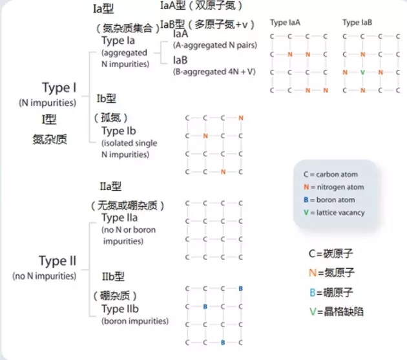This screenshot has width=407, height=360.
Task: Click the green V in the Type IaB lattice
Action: tap(362, 72)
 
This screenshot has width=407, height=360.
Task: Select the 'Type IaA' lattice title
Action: tap(285, 23)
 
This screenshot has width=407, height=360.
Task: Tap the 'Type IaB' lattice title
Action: tap(357, 23)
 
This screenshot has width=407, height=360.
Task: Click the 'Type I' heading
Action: tap(59, 88)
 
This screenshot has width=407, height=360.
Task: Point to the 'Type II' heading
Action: tap(57, 261)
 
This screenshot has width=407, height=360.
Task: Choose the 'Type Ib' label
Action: tap(119, 131)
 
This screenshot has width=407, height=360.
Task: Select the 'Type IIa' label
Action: tap(120, 218)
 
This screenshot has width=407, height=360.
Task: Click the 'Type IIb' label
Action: tap(120, 309)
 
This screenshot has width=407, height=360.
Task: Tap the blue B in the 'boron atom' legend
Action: tap(306, 200)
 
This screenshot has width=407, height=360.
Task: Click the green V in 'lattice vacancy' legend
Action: tap(306, 213)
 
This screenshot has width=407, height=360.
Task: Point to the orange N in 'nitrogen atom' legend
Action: tap(306, 187)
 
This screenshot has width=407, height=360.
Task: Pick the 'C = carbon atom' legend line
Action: tap(330, 175)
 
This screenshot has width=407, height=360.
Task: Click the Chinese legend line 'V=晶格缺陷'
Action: tap(337, 312)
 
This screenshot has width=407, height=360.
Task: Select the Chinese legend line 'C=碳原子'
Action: tap(331, 253)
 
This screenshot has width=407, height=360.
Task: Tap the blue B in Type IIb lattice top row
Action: tap(240, 288)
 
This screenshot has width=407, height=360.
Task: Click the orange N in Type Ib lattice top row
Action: tap(241, 118)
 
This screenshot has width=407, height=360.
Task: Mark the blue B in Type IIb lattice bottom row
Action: tap(223, 343)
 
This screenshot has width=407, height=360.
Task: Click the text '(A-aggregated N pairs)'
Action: tap(215, 45)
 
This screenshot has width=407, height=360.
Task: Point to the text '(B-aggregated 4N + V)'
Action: tap(214, 72)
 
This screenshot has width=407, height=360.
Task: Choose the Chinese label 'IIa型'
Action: tap(110, 186)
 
